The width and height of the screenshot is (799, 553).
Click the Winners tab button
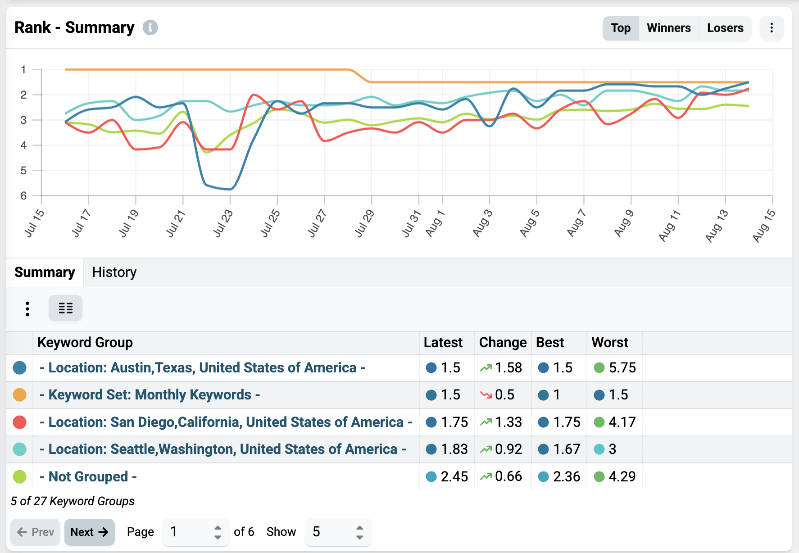click(x=668, y=28)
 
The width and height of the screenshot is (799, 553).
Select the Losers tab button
click(x=725, y=28)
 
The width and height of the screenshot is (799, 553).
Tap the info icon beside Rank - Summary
click(x=150, y=27)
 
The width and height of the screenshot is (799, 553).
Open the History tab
click(x=114, y=272)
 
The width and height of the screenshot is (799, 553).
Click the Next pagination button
click(x=90, y=532)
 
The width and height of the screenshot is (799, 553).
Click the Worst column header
click(x=609, y=342)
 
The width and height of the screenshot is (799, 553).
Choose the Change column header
click(x=503, y=342)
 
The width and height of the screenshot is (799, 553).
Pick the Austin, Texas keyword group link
click(x=202, y=367)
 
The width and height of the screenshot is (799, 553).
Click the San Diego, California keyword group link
click(x=226, y=422)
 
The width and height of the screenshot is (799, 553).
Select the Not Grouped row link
click(x=88, y=476)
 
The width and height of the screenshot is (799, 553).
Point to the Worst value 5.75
click(x=622, y=367)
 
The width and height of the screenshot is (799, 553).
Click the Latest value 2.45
click(x=454, y=476)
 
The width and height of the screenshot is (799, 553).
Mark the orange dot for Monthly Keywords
click(x=20, y=395)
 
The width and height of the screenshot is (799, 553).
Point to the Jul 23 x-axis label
click(x=223, y=223)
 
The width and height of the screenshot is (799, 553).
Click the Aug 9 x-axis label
click(x=624, y=223)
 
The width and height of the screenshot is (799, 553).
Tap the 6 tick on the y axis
click(x=23, y=195)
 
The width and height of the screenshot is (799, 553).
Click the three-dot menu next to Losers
click(x=772, y=28)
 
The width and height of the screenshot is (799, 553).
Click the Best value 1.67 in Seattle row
click(x=567, y=449)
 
